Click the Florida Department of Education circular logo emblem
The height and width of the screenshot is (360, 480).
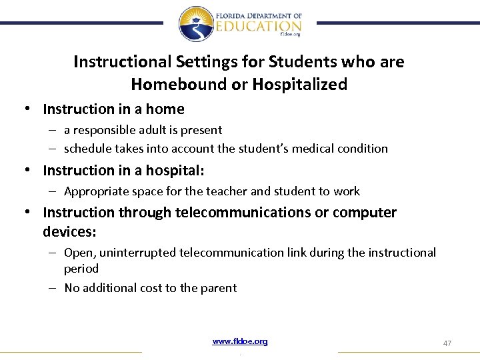[196, 23]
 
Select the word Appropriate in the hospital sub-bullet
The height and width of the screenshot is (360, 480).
[96, 191]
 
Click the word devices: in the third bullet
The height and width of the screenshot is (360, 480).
[69, 231]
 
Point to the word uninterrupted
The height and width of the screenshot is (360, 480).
[137, 253]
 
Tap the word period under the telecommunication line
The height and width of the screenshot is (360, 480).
[81, 269]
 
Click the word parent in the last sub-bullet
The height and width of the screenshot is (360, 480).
[219, 288]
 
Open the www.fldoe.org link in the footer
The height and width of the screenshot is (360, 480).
[240, 342]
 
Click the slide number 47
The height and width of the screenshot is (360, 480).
[447, 343]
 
